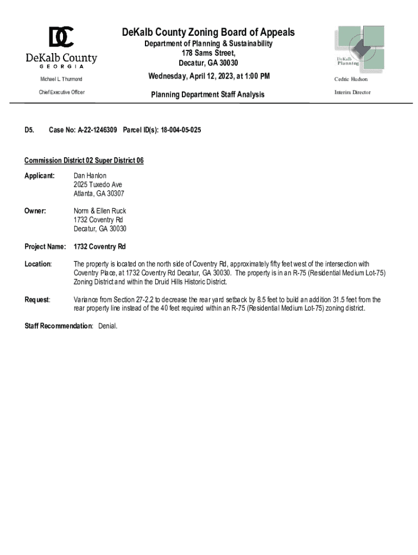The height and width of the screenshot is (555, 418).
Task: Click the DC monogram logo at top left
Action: click(61, 37)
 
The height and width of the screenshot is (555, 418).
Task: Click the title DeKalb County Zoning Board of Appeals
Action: click(208, 33)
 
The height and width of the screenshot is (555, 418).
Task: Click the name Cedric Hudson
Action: click(351, 79)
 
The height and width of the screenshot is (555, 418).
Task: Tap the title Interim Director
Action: click(352, 92)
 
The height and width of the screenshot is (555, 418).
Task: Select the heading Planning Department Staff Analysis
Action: click(207, 94)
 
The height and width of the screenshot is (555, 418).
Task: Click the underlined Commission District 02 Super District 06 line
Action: click(84, 161)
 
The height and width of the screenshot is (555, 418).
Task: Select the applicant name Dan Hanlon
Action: click(90, 176)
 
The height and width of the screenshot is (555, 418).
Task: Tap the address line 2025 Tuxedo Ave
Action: click(98, 185)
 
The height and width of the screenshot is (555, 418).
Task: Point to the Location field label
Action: click(38, 264)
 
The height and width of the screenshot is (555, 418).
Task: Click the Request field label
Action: click(37, 299)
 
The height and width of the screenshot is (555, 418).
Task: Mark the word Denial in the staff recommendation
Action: click(108, 326)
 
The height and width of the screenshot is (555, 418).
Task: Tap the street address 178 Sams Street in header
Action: click(208, 53)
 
